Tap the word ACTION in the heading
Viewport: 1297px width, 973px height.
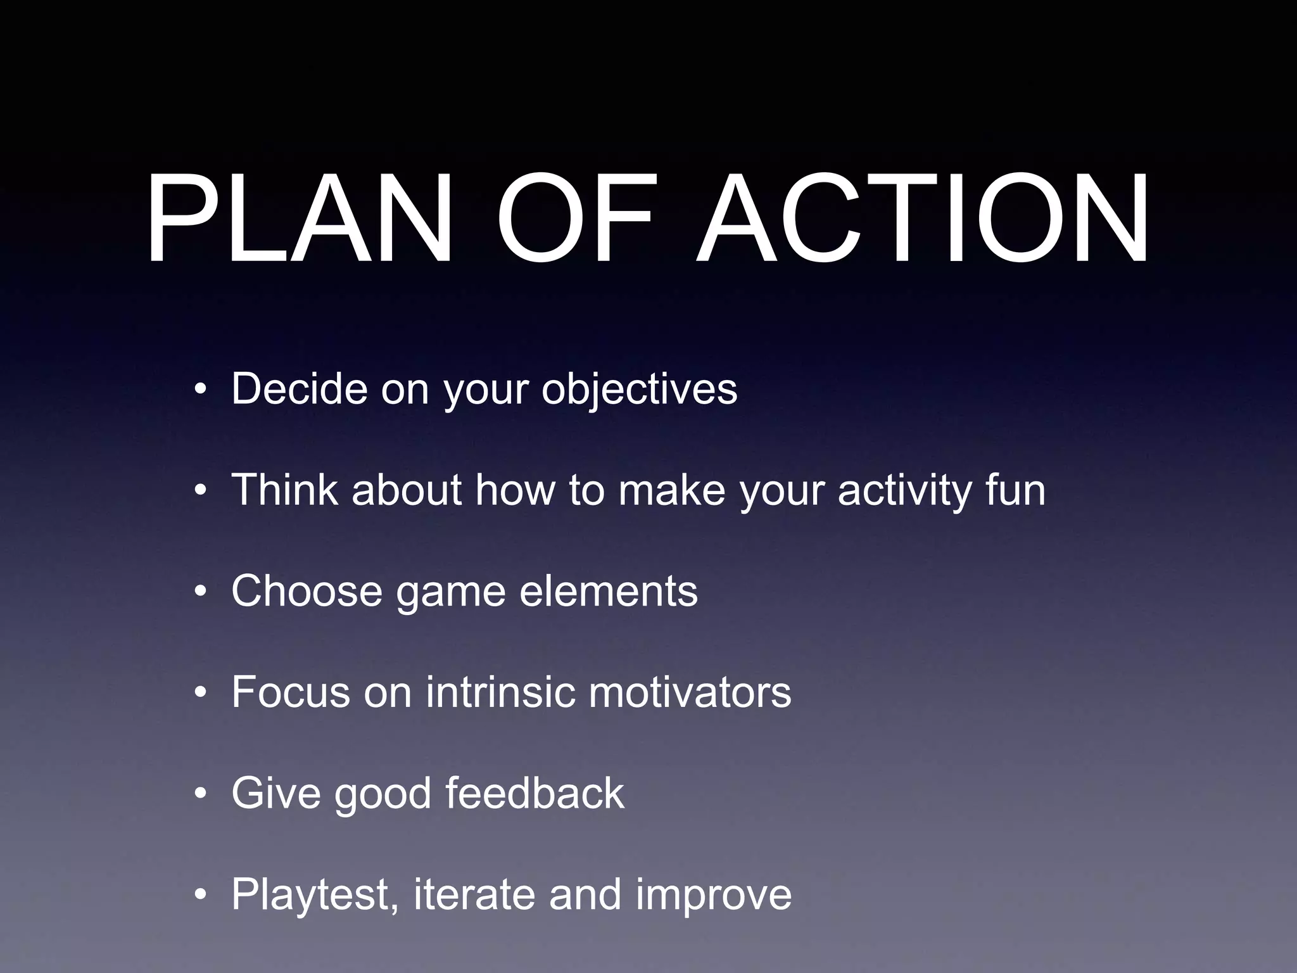[x=921, y=219]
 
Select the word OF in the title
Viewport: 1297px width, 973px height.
[x=573, y=219]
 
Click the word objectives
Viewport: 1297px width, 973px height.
[x=639, y=390]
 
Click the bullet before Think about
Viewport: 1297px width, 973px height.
[x=201, y=490]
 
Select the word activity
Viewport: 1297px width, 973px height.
[x=904, y=491]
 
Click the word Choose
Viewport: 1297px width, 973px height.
[x=307, y=591]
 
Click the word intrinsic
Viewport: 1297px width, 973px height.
[x=500, y=692]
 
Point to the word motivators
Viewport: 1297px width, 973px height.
[x=690, y=692]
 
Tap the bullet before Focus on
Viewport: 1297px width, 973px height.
[x=201, y=693]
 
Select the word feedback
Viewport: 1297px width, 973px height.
[x=535, y=793]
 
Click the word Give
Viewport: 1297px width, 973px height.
[x=276, y=793]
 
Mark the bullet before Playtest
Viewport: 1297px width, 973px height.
[x=201, y=896]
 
